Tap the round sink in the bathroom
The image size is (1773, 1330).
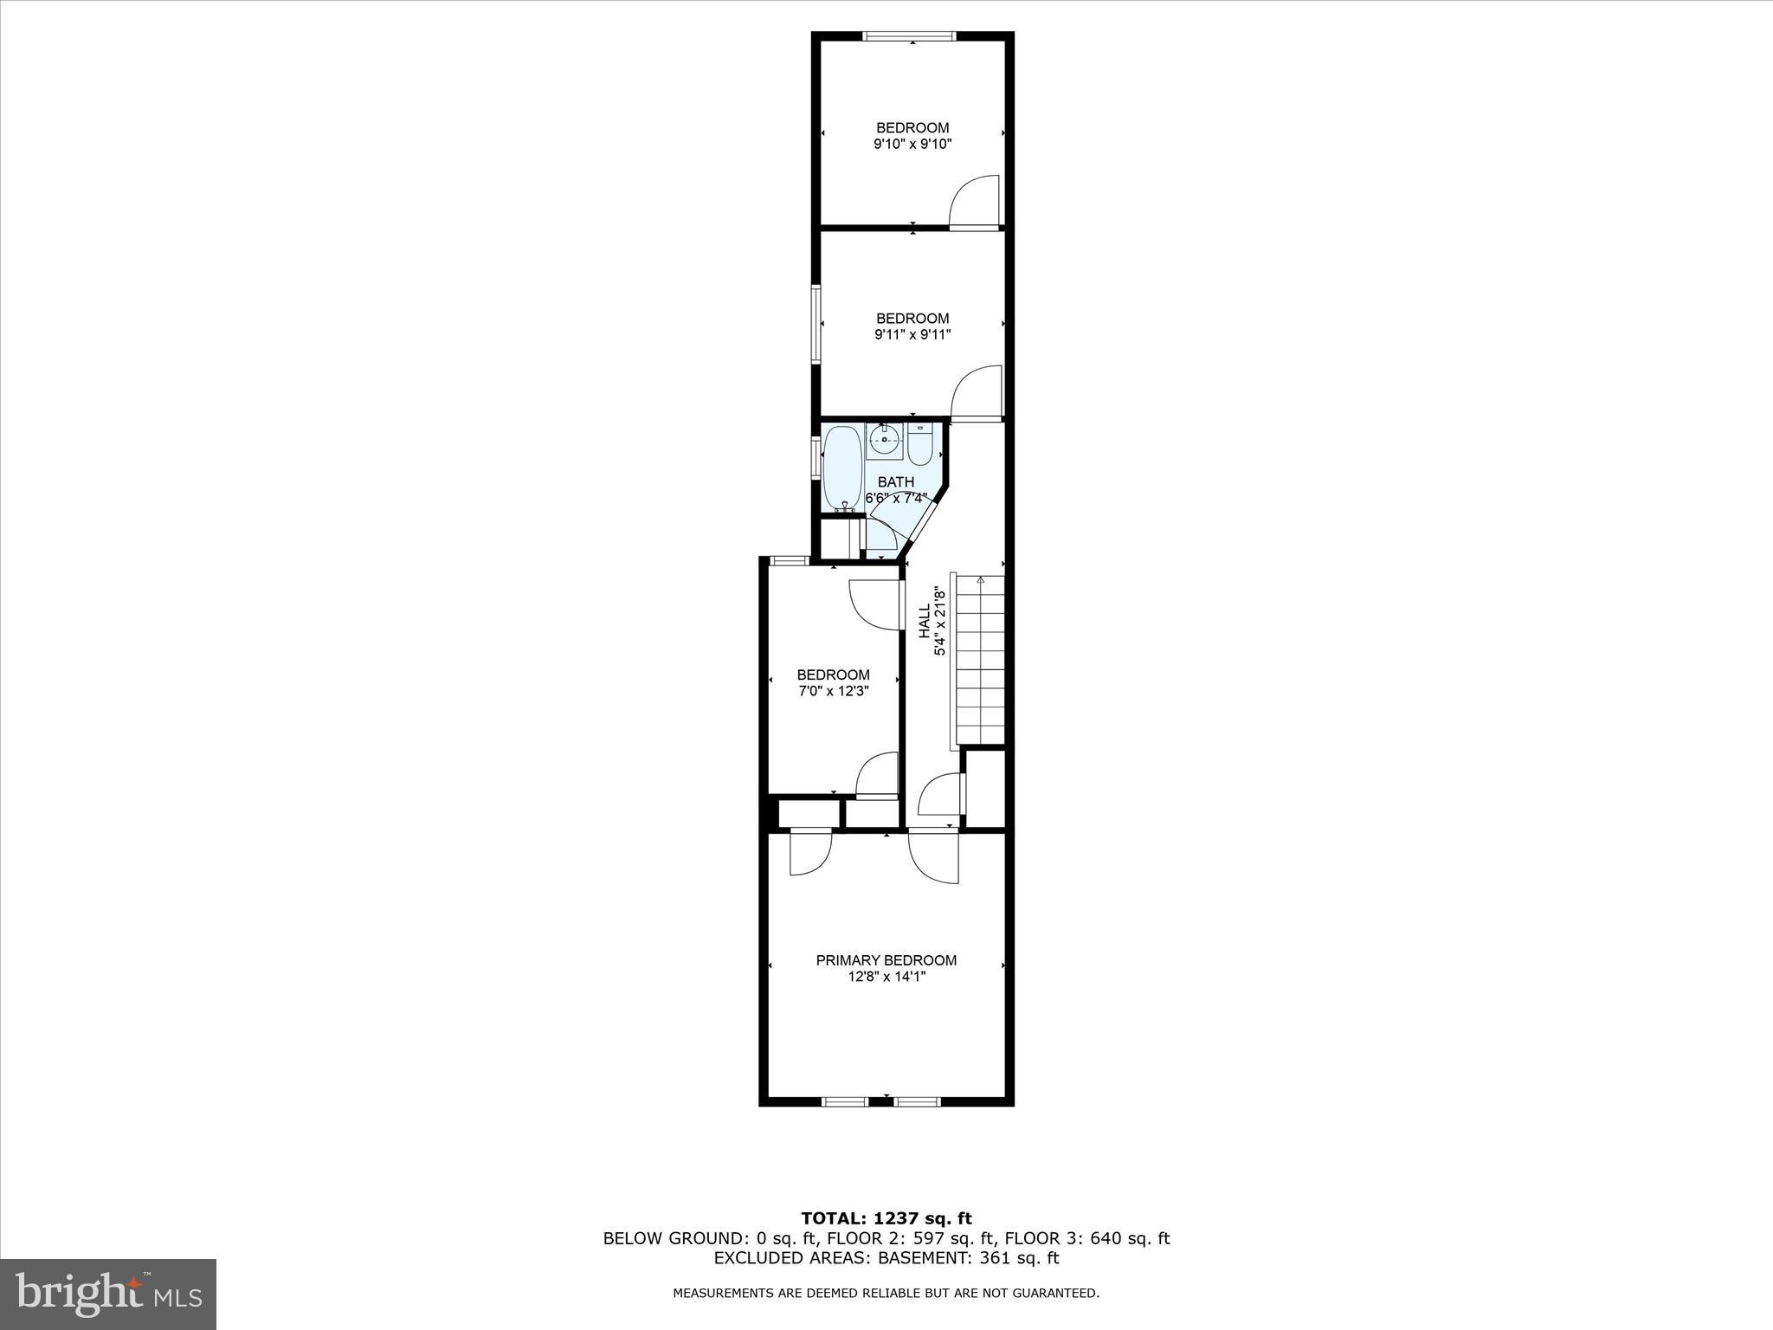884,440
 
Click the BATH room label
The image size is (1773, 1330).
895,482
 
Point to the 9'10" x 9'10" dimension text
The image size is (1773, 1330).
912,145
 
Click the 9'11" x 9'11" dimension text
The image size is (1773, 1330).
912,335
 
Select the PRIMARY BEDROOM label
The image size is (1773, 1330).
886,960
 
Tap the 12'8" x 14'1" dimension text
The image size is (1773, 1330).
886,977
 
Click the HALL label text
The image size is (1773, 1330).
925,622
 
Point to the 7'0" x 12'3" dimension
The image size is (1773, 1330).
833,692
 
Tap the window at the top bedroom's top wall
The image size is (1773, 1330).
909,36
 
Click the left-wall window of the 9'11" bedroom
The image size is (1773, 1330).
816,324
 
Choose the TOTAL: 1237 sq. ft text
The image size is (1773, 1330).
886,1218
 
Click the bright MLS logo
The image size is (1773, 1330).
108,1294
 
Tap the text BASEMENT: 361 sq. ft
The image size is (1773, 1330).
969,1258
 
